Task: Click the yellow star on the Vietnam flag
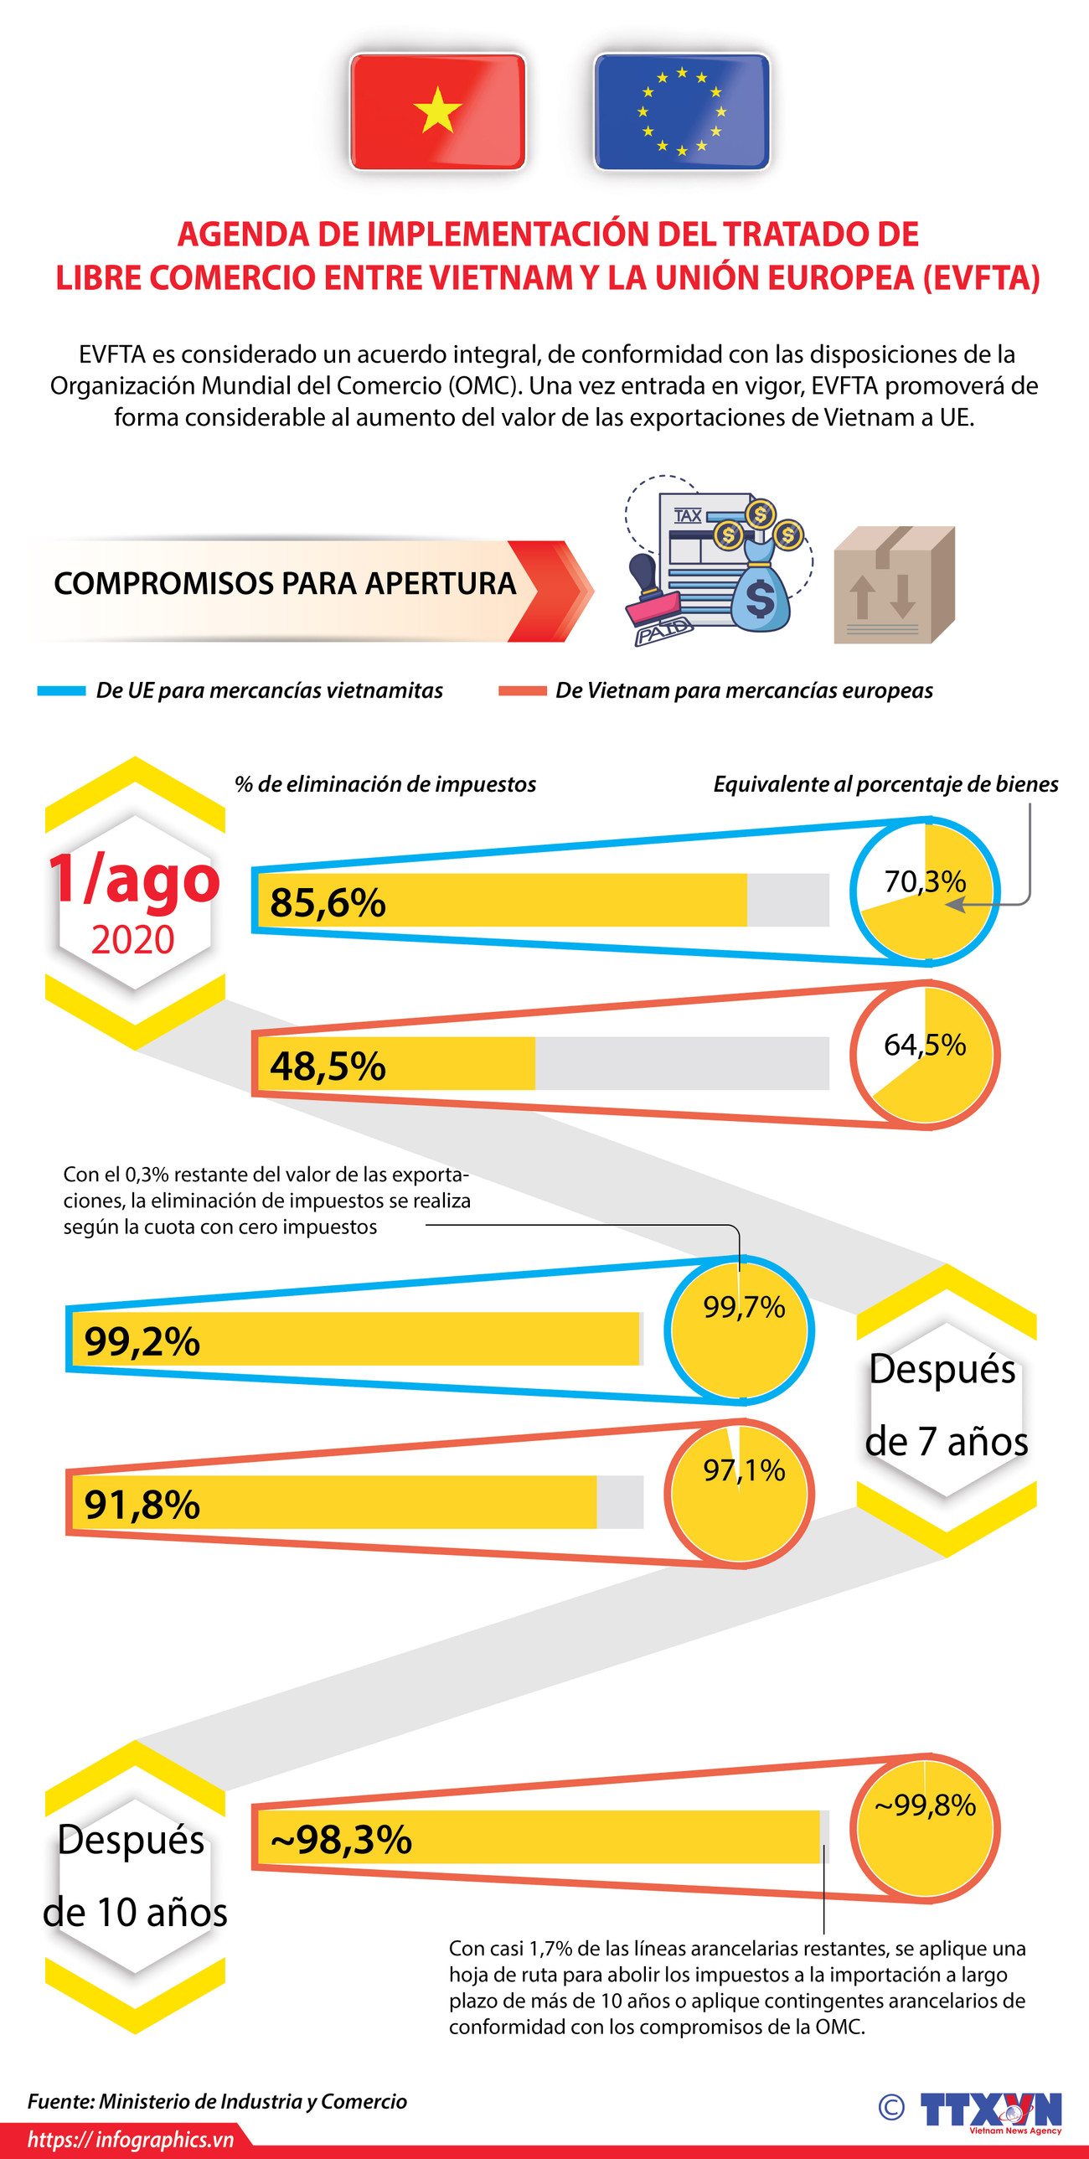coord(436,111)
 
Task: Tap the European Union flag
coord(682,111)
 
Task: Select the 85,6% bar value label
coord(327,902)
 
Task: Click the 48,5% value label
coord(327,1066)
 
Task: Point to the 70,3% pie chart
coord(925,890)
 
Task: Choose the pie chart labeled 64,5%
coord(925,1053)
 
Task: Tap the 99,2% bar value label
coord(142,1341)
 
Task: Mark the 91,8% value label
coord(142,1505)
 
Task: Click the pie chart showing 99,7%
coord(739,1330)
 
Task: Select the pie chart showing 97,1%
coord(739,1493)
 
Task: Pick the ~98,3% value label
coord(340,1840)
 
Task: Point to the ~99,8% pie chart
coord(925,1827)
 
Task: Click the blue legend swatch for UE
coord(61,690)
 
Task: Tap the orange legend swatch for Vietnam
coord(521,690)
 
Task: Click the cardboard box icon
coord(894,585)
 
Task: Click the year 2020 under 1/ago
coord(132,940)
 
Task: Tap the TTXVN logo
coord(990,2109)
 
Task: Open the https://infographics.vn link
coord(131,2140)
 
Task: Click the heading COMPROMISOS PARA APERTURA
coord(284,583)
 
